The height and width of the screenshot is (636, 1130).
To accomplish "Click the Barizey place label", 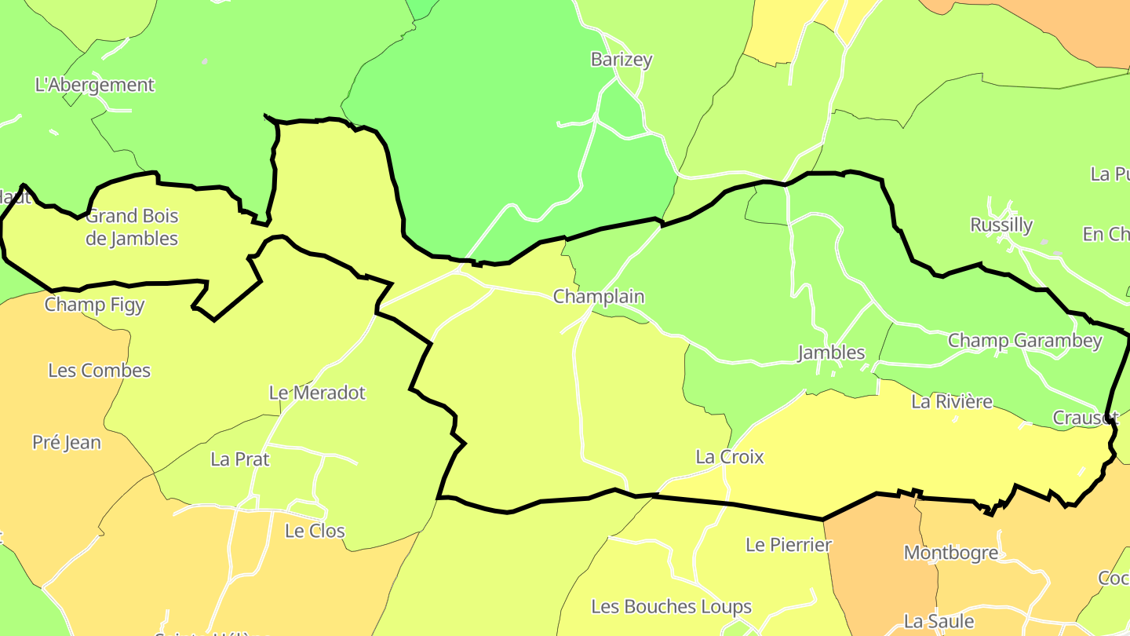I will (621, 60).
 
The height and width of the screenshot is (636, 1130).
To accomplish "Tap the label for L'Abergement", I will (95, 85).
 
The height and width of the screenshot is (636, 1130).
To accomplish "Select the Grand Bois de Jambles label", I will (132, 227).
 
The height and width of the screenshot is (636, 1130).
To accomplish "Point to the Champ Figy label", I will (94, 305).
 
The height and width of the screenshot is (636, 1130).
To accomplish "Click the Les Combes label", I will (99, 371).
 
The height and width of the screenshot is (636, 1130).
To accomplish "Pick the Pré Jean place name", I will (67, 443).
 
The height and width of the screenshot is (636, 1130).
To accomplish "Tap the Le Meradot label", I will (317, 393).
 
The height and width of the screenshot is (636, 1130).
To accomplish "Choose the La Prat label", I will (240, 459).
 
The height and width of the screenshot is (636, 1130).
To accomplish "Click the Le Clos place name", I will (315, 531).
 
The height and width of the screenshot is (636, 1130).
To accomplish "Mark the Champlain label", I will (599, 297).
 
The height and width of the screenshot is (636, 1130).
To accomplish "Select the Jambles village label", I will (831, 353).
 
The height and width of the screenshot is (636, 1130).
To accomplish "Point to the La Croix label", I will (730, 457).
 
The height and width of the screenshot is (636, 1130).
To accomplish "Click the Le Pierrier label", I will (789, 545).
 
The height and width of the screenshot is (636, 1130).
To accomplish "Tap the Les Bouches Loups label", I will (671, 607).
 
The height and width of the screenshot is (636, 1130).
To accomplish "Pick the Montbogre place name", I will (951, 553).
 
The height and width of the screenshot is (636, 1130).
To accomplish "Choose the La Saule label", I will (939, 621).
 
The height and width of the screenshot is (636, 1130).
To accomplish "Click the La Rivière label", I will (952, 402).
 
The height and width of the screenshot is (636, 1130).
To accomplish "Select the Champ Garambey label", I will (1025, 341).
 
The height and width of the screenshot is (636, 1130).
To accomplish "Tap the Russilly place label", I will (1001, 225).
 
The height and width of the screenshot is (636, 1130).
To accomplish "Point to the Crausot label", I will (1084, 418).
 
